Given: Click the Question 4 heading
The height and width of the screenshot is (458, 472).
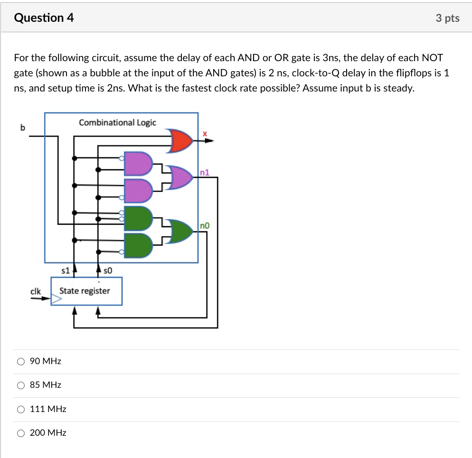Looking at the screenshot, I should [x=44, y=18].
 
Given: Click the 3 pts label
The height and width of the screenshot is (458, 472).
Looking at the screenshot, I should [x=447, y=18].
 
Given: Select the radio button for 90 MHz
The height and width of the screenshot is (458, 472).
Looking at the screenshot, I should [x=20, y=361].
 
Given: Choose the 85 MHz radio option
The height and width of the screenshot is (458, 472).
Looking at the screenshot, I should [x=20, y=385].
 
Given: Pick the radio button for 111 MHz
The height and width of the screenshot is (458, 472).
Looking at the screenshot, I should [x=20, y=409].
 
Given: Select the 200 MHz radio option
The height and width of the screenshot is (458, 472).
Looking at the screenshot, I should [x=20, y=433].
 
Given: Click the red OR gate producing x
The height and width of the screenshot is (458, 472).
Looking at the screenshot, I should [x=181, y=140].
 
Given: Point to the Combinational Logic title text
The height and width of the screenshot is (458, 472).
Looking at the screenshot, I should [x=117, y=122].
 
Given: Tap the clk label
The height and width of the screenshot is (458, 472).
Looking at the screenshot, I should [x=36, y=291].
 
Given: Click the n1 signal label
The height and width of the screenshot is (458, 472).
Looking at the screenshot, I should [x=205, y=173].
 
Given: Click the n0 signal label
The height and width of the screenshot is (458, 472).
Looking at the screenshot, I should [x=205, y=226].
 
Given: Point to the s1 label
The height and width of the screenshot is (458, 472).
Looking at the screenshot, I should [x=66, y=271].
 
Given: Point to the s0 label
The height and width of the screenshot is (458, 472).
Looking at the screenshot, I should [x=107, y=271].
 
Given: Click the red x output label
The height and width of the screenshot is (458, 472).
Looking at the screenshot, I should [x=205, y=134].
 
